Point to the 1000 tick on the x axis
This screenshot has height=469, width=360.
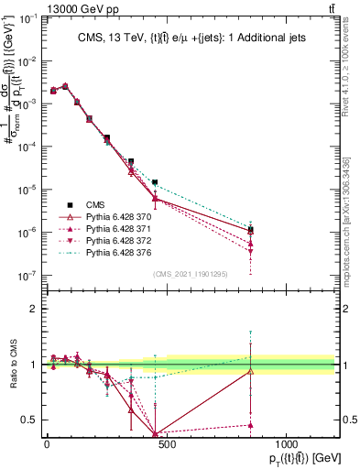point(286,442)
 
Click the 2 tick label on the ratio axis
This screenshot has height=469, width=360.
point(32,309)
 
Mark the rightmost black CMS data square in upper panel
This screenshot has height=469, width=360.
point(250,230)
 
